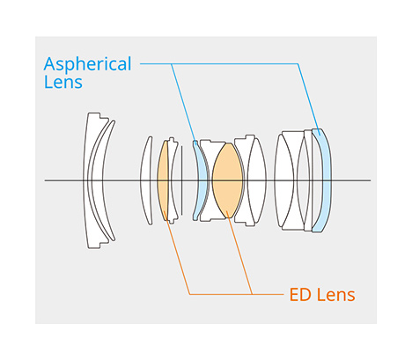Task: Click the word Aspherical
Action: coord(88,64)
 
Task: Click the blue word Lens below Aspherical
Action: coord(63,82)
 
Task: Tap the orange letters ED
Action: coord(300,295)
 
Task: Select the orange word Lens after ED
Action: coord(335,295)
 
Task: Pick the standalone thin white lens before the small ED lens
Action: coord(146,180)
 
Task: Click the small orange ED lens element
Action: coord(163,180)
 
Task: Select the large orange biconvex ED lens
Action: coord(227,180)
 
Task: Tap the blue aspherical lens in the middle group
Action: coord(202,180)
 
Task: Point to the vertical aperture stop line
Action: coord(181,180)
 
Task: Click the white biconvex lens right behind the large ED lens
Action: coord(257,180)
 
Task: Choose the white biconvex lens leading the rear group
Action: coord(284,180)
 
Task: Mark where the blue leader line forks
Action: coord(172,63)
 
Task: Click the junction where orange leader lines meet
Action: coord(252,294)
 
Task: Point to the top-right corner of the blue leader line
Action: coord(298,63)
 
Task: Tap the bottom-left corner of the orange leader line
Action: coord(189,294)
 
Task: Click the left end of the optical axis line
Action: coord(45,180)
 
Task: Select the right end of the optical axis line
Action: coord(371,180)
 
